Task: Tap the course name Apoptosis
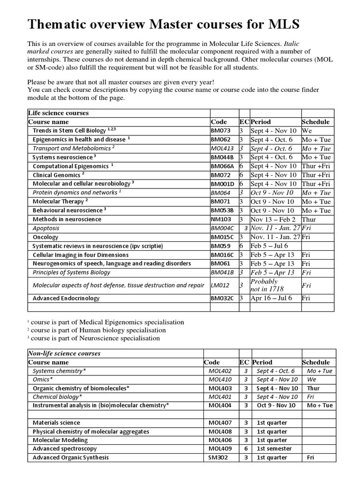click(46, 228)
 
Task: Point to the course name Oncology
click(45, 237)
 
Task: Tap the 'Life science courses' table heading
click(59, 113)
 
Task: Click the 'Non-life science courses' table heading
click(64, 353)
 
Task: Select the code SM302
click(218, 457)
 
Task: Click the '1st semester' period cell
click(274, 449)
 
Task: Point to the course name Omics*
click(43, 380)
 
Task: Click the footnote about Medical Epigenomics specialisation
click(106, 322)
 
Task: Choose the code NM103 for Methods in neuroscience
click(220, 219)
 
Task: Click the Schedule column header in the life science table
click(315, 122)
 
